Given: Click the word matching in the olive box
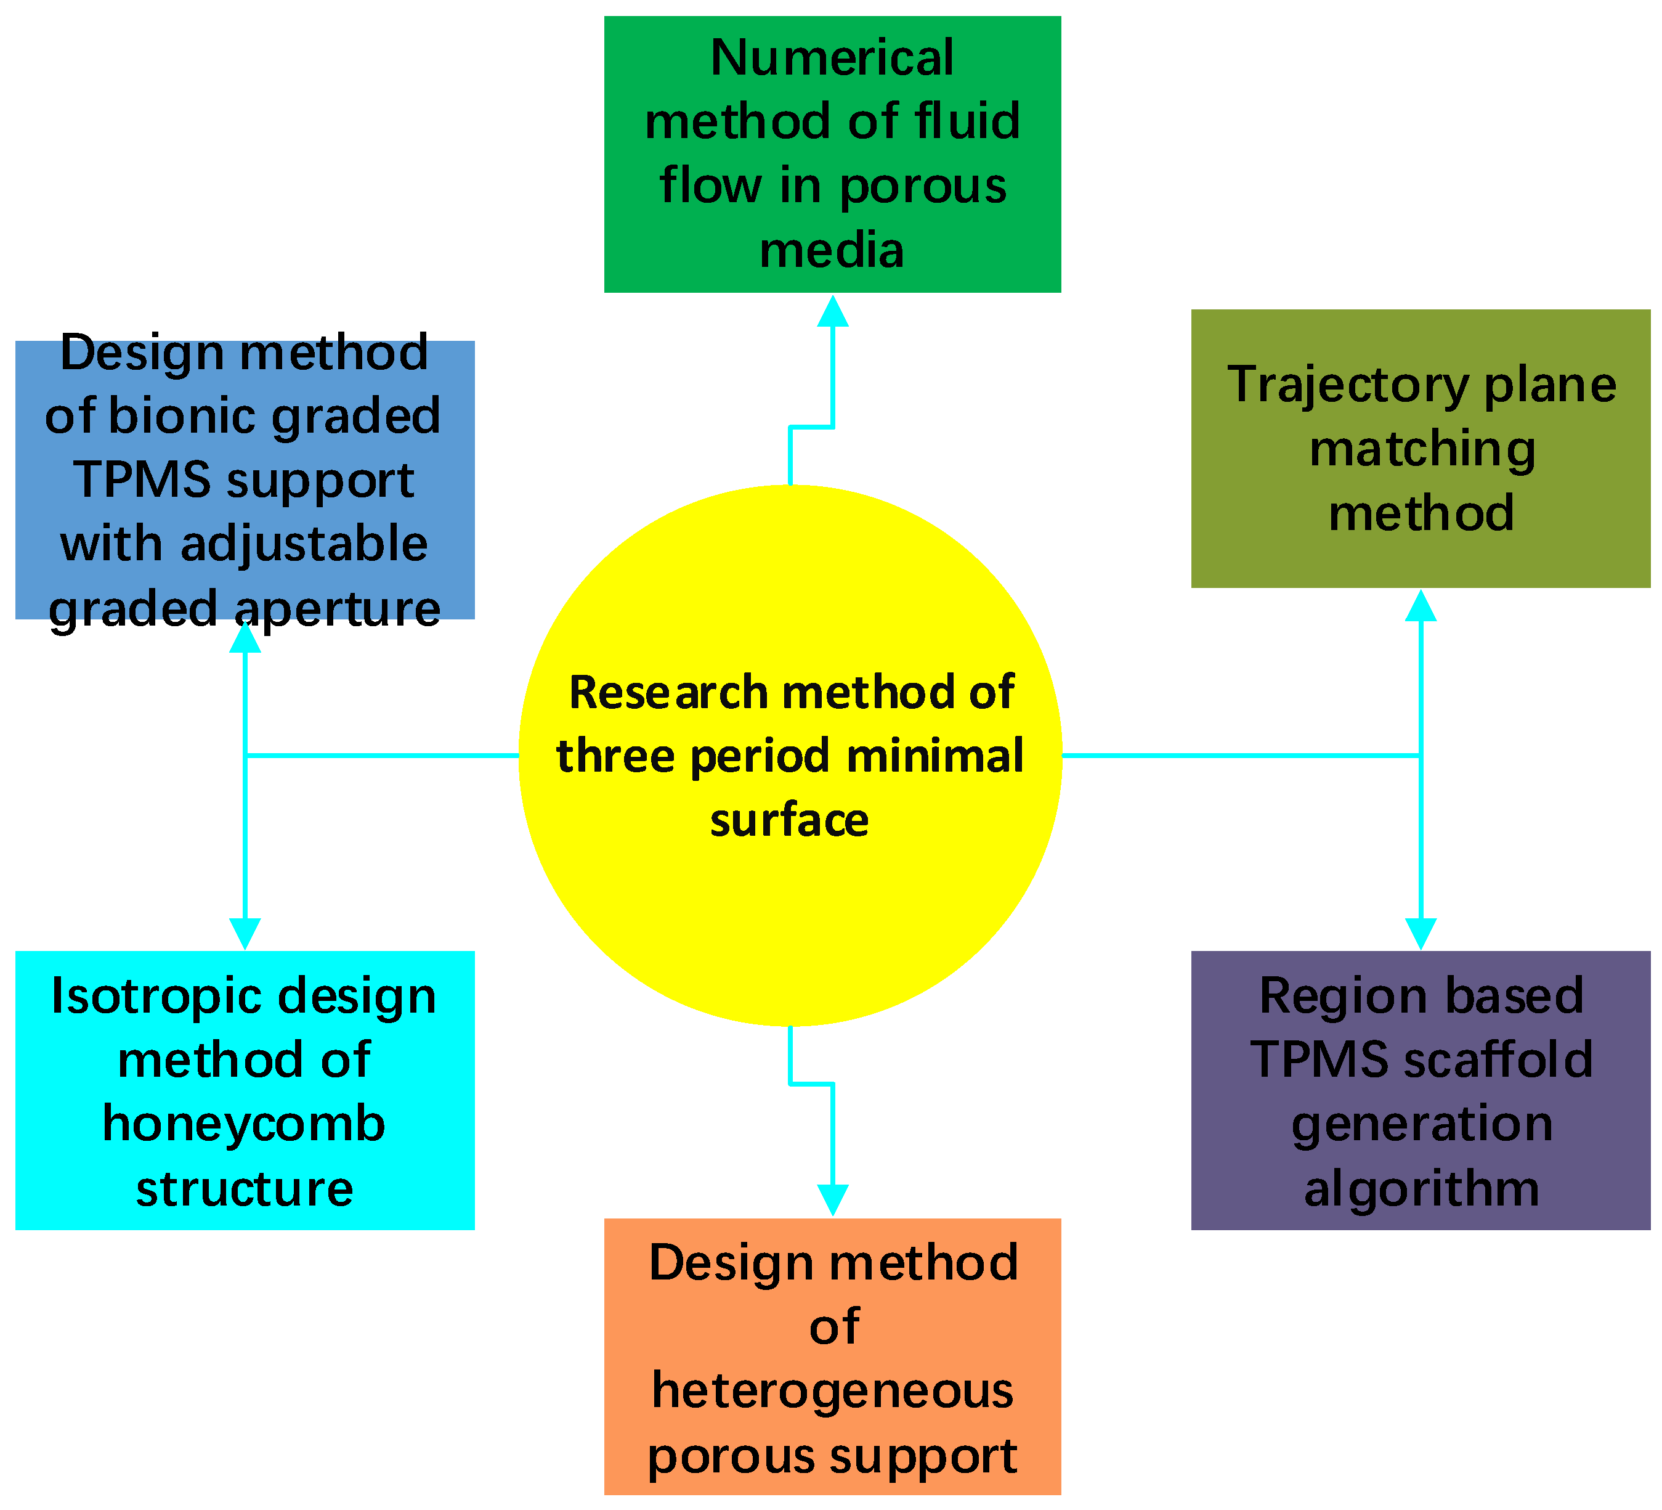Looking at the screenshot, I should point(1422,449).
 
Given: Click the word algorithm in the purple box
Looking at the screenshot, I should point(1422,1189).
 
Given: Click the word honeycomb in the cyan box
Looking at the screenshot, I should point(244,1125).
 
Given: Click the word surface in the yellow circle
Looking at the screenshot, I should point(789,820).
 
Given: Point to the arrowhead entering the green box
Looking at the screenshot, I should point(833,312).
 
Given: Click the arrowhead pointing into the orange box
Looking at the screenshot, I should point(833,1199).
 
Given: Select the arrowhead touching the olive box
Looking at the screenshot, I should point(1421,606).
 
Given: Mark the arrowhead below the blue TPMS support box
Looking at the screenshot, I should point(245,637).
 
